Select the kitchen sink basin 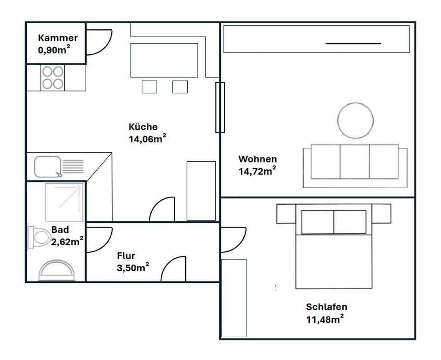(x=47, y=166)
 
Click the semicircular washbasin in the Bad (x=57, y=270)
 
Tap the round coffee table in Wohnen (x=355, y=120)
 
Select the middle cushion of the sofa (x=354, y=161)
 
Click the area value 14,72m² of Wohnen (x=257, y=171)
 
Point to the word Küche (x=143, y=127)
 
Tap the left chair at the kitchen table (x=149, y=87)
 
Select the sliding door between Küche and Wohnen (x=220, y=107)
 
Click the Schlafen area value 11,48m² (x=325, y=319)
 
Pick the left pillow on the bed (x=317, y=222)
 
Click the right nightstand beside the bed (x=381, y=213)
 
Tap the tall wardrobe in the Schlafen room (x=233, y=297)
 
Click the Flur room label (x=126, y=256)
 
